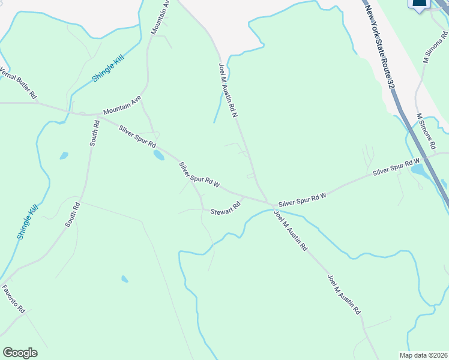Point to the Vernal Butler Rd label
click(19, 83)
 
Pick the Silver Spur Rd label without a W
click(137, 137)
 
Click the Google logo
click(20, 353)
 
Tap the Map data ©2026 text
click(424, 355)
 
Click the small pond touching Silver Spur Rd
click(158, 155)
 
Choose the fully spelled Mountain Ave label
click(122, 105)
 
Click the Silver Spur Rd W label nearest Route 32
click(396, 167)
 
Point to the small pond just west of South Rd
click(64, 156)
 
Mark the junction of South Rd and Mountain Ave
click(97, 115)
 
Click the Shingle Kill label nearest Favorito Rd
click(28, 222)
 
